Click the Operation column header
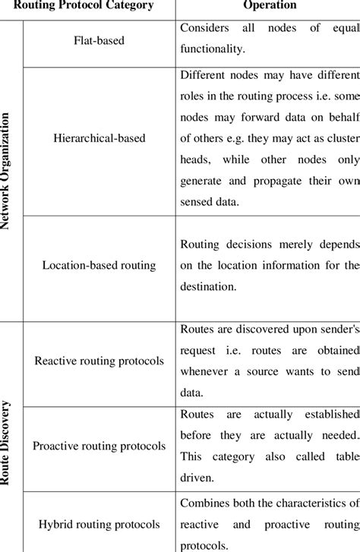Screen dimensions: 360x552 point(267,5)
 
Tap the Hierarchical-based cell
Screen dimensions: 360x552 point(99,139)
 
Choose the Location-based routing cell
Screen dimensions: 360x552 point(99,266)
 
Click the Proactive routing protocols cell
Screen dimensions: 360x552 point(99,446)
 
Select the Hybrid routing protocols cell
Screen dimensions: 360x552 point(99,525)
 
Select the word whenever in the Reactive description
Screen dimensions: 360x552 point(208,372)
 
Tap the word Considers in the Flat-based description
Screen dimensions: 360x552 point(207,28)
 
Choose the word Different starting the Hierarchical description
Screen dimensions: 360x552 point(205,74)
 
